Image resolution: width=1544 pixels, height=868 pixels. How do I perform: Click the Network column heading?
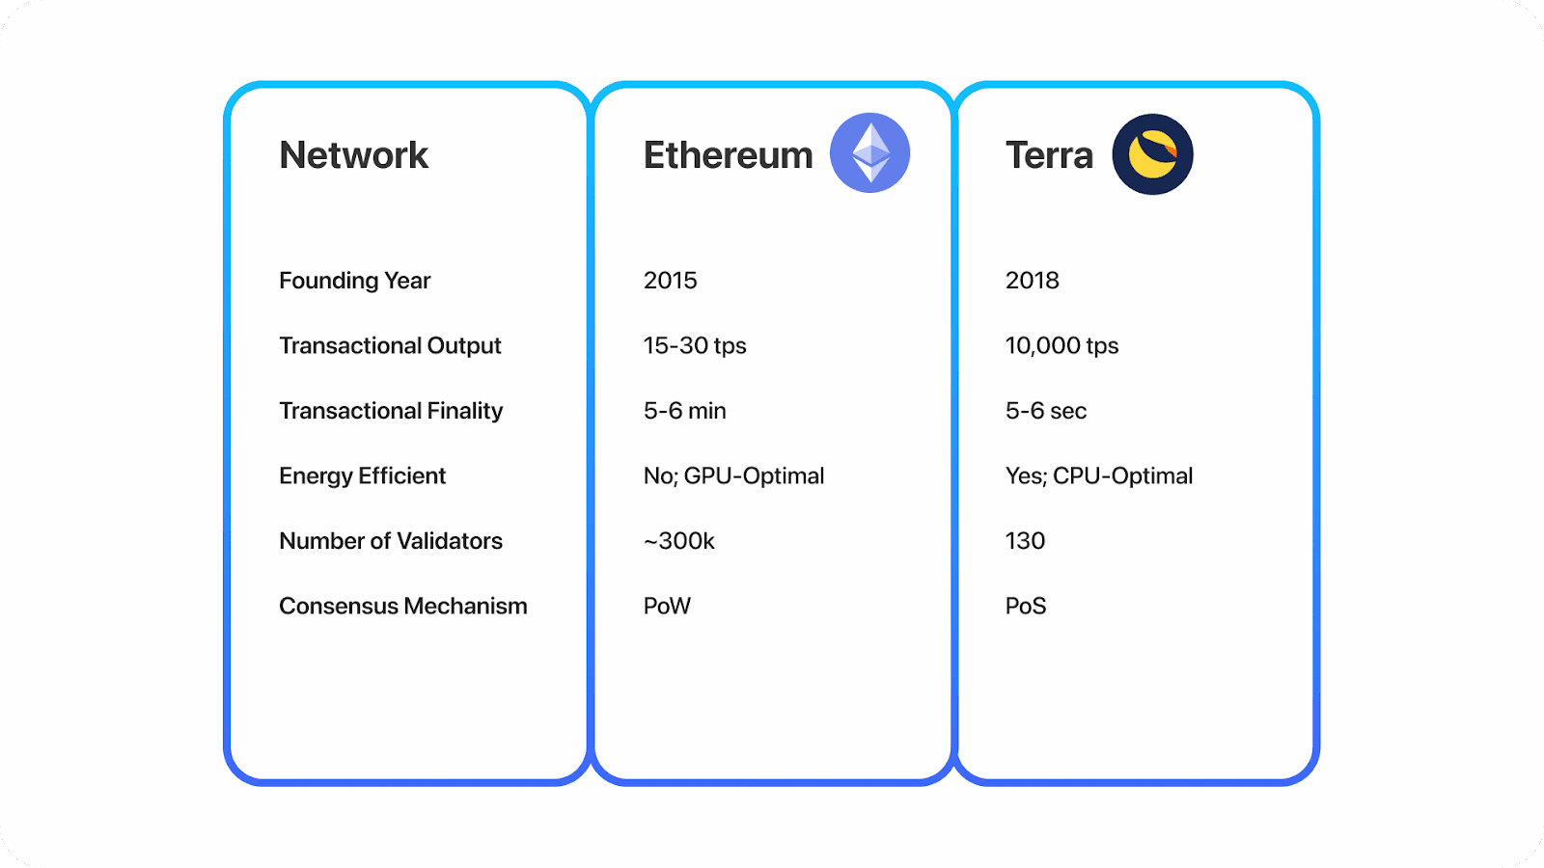tap(353, 155)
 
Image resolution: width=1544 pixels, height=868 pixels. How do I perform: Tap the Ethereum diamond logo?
tap(869, 152)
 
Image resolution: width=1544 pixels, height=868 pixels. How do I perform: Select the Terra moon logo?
tap(1152, 154)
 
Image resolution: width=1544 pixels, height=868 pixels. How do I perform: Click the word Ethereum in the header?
tap(728, 155)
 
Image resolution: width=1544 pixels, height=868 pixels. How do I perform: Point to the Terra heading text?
tap(1049, 155)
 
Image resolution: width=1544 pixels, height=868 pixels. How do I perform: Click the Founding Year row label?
tap(354, 281)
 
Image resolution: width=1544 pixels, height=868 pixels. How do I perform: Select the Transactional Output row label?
tap(390, 345)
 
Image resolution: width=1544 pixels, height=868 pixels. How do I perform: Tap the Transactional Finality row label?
tap(391, 411)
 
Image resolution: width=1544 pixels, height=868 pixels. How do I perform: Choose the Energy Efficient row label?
tap(362, 475)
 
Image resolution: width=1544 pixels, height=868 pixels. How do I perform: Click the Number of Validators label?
tap(391, 541)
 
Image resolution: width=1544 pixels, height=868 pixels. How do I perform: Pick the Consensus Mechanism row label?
tap(402, 606)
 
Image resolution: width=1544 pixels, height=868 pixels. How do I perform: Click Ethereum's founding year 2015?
tap(670, 281)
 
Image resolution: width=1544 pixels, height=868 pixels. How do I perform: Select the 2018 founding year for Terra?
tap(1032, 281)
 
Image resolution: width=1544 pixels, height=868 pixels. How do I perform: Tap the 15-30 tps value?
tap(695, 345)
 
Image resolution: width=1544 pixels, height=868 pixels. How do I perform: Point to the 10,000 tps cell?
tap(1061, 345)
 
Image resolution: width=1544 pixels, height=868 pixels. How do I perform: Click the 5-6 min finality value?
tap(684, 411)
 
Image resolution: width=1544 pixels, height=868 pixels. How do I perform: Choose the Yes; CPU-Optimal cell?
tap(1098, 475)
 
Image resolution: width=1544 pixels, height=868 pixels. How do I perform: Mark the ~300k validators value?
tap(678, 541)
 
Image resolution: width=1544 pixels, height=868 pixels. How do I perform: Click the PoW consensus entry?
tap(667, 606)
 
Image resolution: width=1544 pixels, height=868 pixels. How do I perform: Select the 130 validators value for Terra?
tap(1025, 541)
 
